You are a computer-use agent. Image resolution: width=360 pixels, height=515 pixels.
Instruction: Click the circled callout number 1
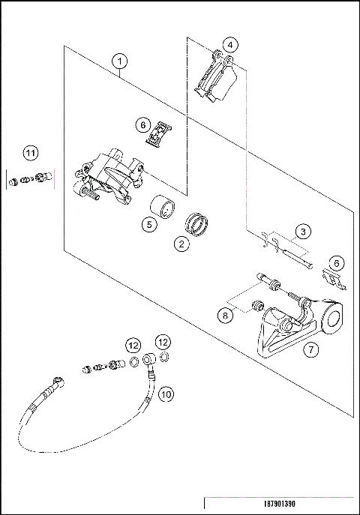tap(121, 61)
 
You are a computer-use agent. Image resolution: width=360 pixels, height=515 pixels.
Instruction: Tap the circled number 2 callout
tap(181, 243)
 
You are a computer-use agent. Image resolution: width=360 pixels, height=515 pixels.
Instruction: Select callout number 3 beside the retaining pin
tap(301, 231)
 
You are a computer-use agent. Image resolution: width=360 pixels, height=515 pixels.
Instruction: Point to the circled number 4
tap(231, 45)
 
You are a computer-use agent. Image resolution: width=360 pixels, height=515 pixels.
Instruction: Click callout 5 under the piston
tap(148, 223)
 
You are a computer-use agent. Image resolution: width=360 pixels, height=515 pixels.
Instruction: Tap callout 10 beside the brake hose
tap(166, 392)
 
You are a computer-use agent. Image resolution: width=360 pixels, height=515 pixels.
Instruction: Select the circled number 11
tap(29, 154)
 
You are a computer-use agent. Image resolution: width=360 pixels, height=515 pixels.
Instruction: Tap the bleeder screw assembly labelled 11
tap(30, 179)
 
